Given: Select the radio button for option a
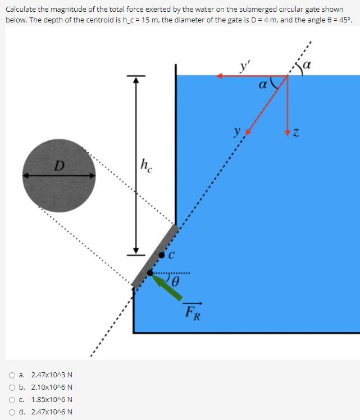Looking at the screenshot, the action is pos(12,375).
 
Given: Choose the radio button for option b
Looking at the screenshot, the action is pos(12,387).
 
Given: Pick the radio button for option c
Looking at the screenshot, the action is pos(12,400).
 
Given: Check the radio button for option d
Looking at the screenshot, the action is pos(12,412).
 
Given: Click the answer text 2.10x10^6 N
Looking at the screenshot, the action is pos(52,387).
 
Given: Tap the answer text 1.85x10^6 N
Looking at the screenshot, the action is pos(52,400).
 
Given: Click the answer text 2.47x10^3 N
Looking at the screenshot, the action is pos(52,375).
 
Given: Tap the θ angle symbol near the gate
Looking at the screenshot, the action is pos(176,280).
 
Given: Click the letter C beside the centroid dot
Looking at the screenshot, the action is pos(172,255).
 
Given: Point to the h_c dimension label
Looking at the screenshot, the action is pos(145,165).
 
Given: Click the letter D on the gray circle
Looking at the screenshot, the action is pos(58,166).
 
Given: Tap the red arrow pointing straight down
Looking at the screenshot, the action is pos(288,107).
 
